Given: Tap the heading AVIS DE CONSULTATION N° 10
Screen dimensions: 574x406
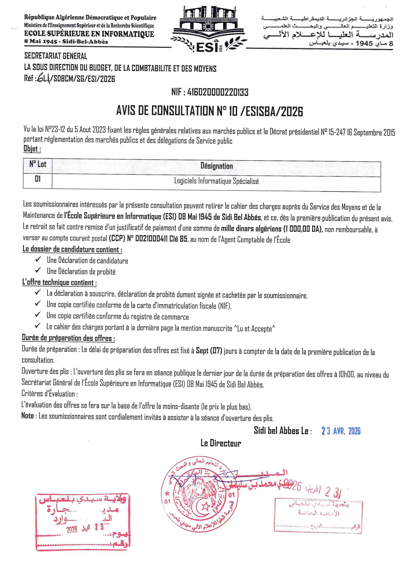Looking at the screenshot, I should [x=210, y=112].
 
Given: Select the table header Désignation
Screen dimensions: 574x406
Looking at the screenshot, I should [x=216, y=166].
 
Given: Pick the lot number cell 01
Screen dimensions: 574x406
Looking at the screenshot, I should [x=38, y=179].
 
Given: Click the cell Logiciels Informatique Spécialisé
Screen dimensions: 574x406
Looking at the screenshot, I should [x=216, y=181].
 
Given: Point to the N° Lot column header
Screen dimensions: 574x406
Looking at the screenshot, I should [x=38, y=164].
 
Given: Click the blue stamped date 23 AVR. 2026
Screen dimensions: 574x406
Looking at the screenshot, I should [x=341, y=431].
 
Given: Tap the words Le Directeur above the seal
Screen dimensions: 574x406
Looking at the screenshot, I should [x=221, y=443].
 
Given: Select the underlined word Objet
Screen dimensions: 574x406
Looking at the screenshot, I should [x=32, y=149].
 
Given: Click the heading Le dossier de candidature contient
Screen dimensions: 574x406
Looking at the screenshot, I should [x=72, y=249].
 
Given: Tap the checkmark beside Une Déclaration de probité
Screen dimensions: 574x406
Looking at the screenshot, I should [x=38, y=270].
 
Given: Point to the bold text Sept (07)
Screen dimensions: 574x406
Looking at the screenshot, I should [x=209, y=351].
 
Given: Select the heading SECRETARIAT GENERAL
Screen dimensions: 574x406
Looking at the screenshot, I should [x=56, y=56].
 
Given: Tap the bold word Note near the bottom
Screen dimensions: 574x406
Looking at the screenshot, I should [x=28, y=416].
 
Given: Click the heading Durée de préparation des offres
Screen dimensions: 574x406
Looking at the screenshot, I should [x=68, y=338].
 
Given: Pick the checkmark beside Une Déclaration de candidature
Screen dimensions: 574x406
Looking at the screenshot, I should [x=38, y=260].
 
